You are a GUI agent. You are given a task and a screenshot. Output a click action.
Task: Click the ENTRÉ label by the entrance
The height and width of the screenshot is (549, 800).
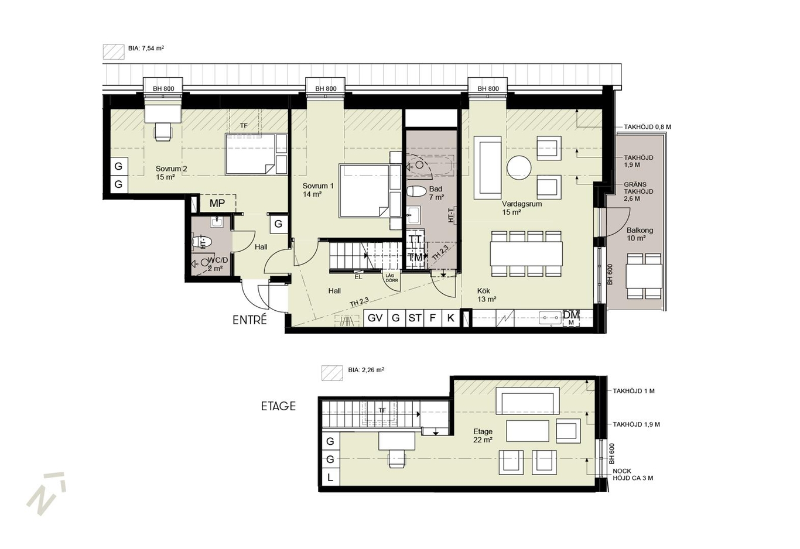[x=249, y=320]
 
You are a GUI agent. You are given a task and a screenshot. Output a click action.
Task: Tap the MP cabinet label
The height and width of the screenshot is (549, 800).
[x=217, y=204]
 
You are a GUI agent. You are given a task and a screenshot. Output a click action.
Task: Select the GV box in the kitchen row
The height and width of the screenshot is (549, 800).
[x=375, y=318]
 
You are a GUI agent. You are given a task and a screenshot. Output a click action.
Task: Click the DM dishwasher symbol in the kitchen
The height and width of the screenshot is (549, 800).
[x=570, y=318]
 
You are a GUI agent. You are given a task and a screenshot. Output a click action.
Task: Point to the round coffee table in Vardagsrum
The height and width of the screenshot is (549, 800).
[x=519, y=168]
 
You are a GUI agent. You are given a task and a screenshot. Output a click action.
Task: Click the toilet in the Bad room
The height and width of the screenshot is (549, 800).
[x=416, y=191]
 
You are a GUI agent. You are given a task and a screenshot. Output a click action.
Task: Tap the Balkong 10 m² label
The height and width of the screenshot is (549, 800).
[x=640, y=234]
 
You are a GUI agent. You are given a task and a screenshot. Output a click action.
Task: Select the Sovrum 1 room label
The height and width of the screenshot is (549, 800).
[x=318, y=190]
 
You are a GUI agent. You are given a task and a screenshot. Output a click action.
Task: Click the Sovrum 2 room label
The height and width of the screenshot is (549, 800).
[x=171, y=173]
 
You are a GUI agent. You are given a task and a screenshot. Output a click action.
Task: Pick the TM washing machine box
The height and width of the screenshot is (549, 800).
[x=415, y=257]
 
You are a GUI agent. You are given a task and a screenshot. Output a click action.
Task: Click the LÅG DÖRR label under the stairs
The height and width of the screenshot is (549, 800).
[x=392, y=278]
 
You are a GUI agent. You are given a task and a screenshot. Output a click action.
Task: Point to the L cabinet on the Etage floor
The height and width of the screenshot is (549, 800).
[x=331, y=477]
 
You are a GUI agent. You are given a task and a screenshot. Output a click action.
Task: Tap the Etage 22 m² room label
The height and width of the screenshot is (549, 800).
[x=483, y=436]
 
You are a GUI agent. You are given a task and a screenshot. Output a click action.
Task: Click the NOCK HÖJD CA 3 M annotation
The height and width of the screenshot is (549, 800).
[x=633, y=475]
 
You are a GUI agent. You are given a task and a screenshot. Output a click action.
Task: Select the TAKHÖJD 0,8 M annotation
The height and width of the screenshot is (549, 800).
[x=648, y=127]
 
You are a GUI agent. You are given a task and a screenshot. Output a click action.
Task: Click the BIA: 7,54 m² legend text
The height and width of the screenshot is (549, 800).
[x=146, y=48]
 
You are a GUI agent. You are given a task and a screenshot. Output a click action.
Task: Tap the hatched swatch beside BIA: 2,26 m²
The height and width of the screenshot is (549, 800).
[x=332, y=373]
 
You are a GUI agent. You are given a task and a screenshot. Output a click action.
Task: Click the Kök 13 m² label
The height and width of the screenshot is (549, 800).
[x=487, y=295]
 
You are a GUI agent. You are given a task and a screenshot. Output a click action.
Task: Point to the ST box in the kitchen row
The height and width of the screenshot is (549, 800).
[x=415, y=318]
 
